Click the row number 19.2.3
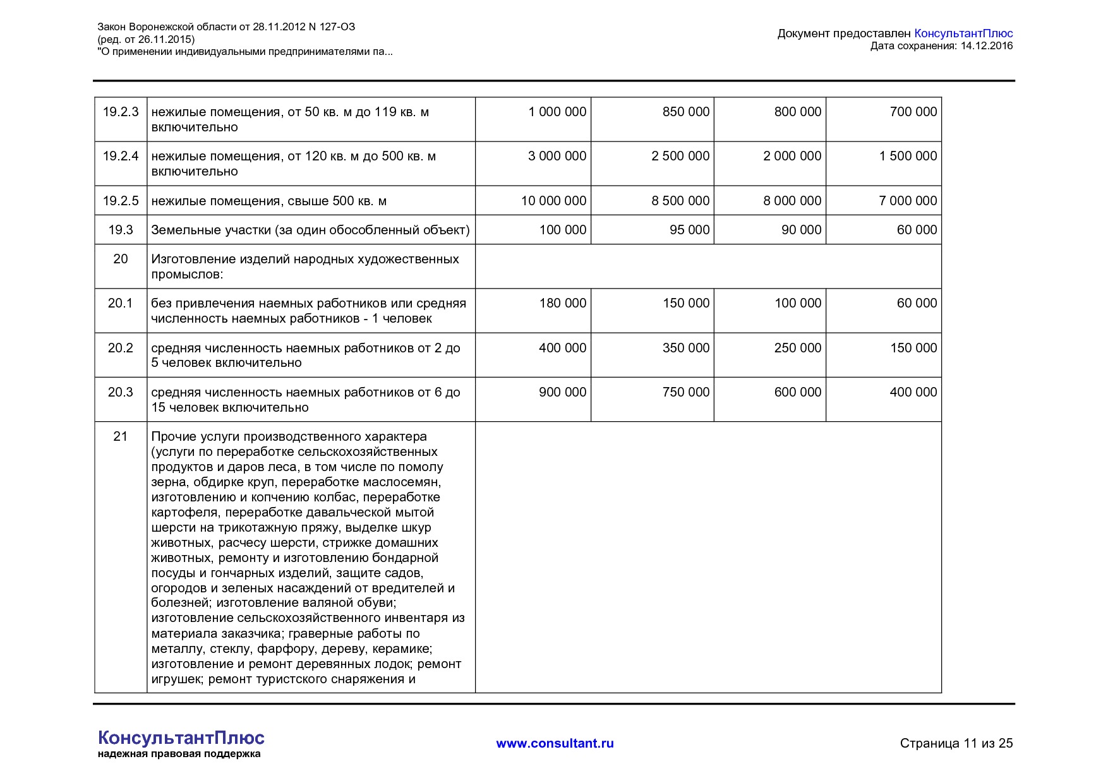[x=121, y=112]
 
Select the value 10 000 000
[x=553, y=201]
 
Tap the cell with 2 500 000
[x=680, y=156]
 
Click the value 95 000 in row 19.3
[x=689, y=230]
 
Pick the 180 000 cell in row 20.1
[x=562, y=303]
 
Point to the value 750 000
[x=686, y=392]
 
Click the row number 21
[x=121, y=436]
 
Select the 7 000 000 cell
[x=908, y=201]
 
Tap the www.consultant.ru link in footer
[x=555, y=743]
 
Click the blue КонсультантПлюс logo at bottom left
[x=181, y=738]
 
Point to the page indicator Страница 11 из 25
[x=956, y=743]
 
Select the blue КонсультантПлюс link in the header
[x=963, y=33]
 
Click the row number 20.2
[x=121, y=348]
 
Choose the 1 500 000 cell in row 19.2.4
[x=908, y=156]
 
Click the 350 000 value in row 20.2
[x=686, y=348]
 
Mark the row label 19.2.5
[x=121, y=201]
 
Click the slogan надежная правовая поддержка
[x=179, y=754]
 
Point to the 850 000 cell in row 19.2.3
[x=686, y=112]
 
